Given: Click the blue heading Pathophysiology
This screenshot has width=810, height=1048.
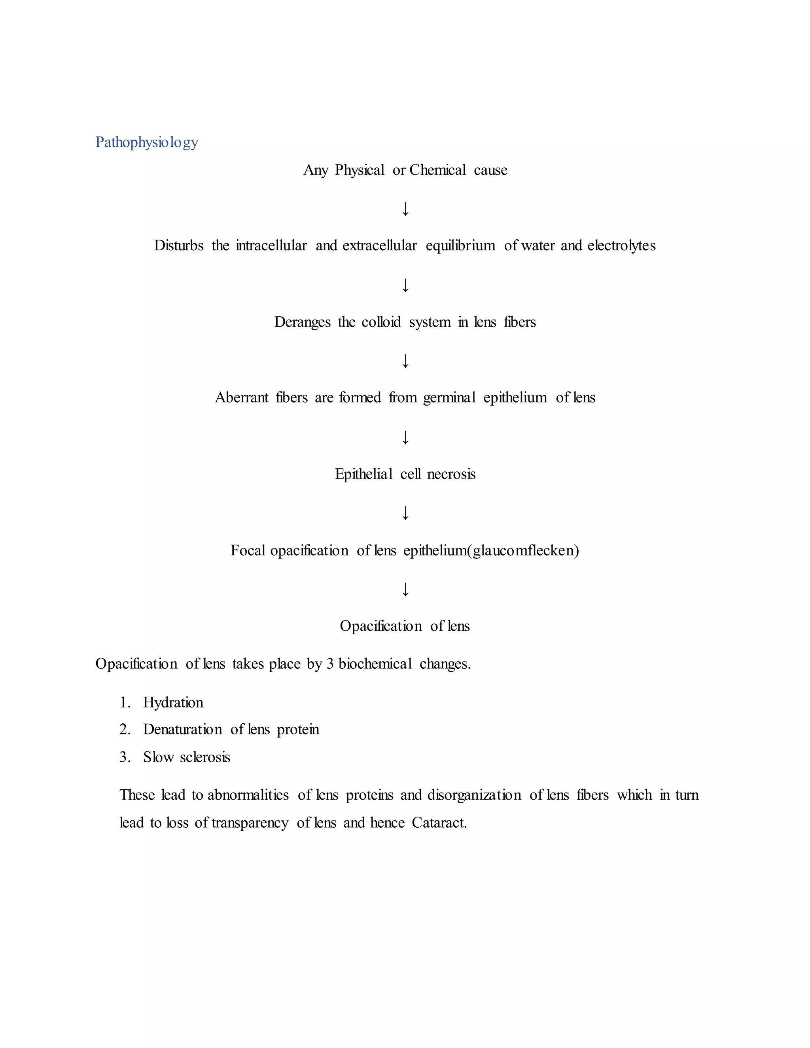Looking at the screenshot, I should (x=146, y=142).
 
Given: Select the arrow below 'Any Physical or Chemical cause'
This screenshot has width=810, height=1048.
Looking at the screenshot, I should (x=405, y=209).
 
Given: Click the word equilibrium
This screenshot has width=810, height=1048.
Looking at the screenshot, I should (x=460, y=246).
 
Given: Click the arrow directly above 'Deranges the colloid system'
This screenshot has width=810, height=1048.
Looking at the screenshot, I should (x=405, y=285).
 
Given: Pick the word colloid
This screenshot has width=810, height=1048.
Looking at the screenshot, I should (x=381, y=322).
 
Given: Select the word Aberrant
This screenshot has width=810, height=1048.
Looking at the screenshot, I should (x=241, y=398).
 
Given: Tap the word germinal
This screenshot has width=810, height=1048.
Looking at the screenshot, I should (x=449, y=398).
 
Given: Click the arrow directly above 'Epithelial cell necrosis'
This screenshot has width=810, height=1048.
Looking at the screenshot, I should (x=405, y=437).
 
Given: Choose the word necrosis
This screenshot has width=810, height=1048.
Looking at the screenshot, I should (x=451, y=474).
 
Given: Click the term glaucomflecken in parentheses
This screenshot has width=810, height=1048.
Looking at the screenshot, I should (x=526, y=550).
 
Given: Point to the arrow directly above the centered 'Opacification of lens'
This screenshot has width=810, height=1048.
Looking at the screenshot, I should (x=405, y=589).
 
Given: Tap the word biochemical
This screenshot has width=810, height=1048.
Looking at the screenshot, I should (x=375, y=664).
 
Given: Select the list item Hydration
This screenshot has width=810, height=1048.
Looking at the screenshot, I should (x=173, y=702).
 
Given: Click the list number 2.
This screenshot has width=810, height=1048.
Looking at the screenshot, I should (x=124, y=729).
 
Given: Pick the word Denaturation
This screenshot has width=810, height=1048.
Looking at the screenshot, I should (x=182, y=729).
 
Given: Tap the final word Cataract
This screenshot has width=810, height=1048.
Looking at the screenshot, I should (x=439, y=823).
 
